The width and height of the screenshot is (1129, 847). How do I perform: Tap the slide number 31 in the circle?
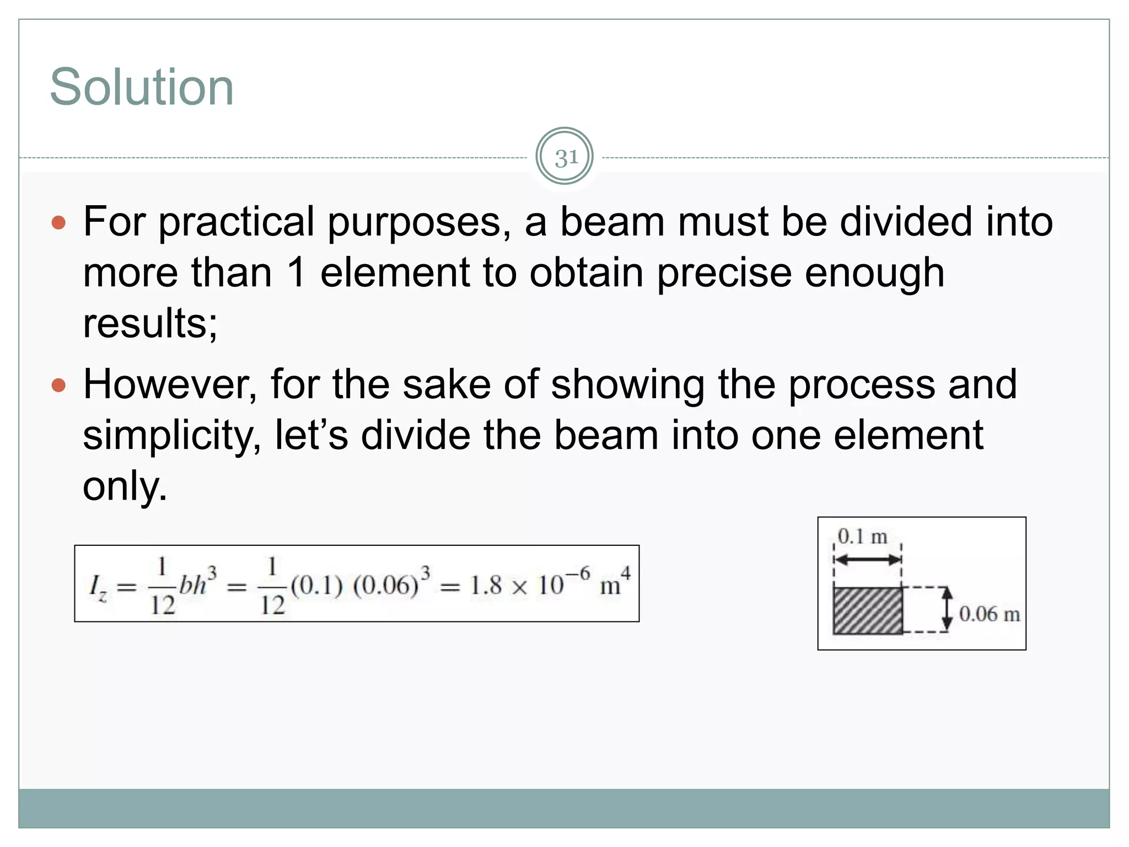tap(564, 158)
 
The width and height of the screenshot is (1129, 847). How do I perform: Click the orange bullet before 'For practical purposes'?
tap(58, 223)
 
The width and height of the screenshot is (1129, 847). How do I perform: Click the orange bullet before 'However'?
tap(58, 385)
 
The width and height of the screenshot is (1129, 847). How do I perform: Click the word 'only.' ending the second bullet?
tap(125, 486)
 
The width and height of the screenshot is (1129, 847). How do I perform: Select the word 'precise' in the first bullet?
tap(724, 274)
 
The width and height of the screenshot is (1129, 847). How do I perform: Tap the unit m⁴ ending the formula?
tap(614, 583)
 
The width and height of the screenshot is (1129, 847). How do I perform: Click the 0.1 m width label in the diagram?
tap(862, 537)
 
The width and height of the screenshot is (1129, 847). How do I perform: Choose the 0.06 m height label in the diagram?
tap(989, 614)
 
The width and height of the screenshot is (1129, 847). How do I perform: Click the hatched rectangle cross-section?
tap(868, 610)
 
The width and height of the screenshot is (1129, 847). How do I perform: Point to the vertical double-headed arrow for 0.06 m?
tap(947, 609)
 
